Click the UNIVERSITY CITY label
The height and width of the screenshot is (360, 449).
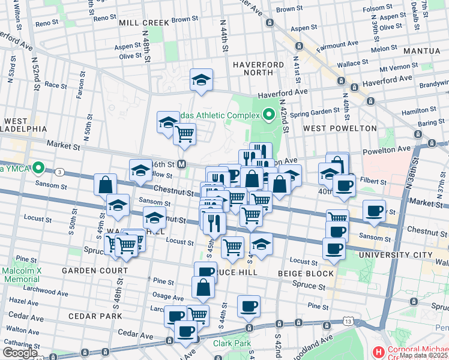(x=396, y=255)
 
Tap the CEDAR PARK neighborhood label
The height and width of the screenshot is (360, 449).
(x=95, y=316)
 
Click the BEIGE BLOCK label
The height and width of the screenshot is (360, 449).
(x=306, y=274)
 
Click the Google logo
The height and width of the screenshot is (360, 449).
(x=20, y=353)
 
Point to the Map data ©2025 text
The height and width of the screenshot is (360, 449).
(x=424, y=355)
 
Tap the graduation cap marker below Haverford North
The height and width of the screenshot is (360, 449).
(x=201, y=80)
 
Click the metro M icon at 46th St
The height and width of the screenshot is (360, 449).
(x=181, y=164)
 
